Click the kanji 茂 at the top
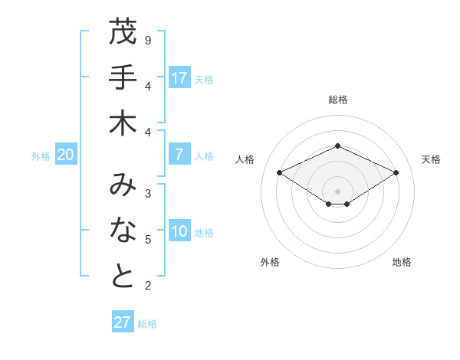coord(123,32)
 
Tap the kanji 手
coord(123,78)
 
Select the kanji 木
coord(123,123)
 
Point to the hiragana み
coord(123,185)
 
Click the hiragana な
coord(123,231)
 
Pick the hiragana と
coord(123,277)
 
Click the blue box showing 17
coord(179,78)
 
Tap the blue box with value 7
coord(179,155)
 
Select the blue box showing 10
coord(179,232)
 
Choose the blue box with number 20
coord(66,155)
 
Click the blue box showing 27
coord(123,322)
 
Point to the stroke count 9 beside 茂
coord(148,39)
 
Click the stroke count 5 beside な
coord(148,240)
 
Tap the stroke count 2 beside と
coord(148,286)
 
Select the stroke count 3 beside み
coord(148,193)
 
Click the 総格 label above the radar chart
coord(338,100)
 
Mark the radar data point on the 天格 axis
coord(396,173)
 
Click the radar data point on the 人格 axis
coord(280,173)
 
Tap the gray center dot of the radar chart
coord(338,191)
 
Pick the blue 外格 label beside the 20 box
coord(41,155)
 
